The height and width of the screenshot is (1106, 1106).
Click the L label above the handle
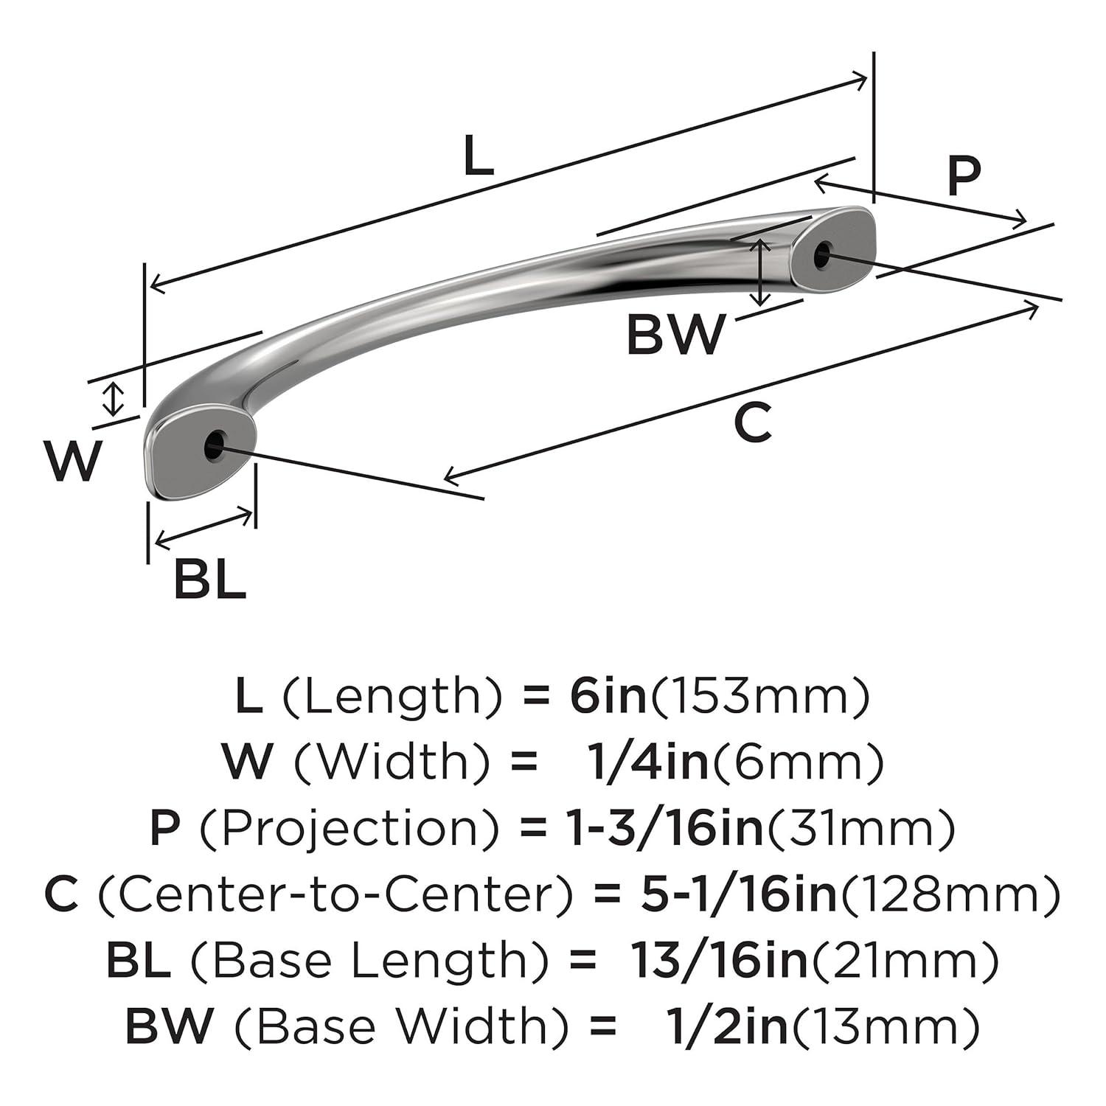[478, 157]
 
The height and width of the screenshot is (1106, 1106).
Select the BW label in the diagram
[675, 334]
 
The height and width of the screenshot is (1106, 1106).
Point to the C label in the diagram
[752, 423]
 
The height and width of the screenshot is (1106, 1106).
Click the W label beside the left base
[72, 461]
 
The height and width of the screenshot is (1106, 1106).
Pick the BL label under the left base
[209, 580]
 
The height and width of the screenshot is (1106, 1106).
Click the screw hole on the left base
[214, 445]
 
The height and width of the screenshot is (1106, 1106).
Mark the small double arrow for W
[112, 399]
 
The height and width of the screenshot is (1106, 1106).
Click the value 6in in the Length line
[608, 697]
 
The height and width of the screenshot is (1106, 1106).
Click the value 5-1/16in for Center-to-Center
[738, 895]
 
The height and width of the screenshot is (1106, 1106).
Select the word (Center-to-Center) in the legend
[335, 895]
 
